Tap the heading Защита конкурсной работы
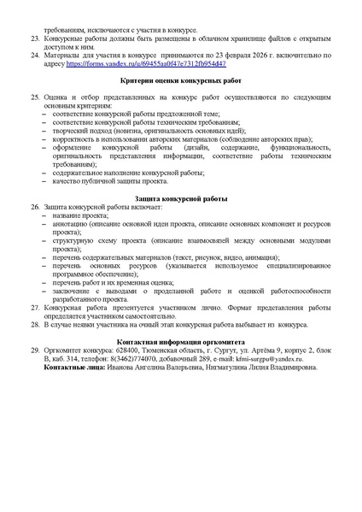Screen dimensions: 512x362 coord(181,223)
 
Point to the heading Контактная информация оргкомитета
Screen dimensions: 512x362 coord(181,341)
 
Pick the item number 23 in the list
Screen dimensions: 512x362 coord(35,39)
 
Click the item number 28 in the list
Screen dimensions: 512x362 coord(35,326)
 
